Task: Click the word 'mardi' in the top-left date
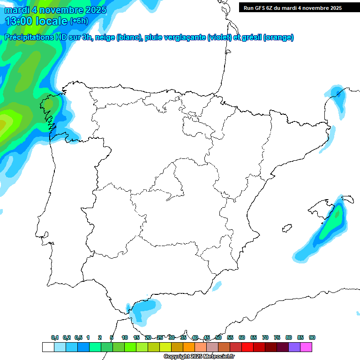(16, 10)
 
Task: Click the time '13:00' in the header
(19, 21)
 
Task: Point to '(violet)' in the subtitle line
(219, 37)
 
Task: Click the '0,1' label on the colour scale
(55, 337)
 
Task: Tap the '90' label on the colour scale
(312, 337)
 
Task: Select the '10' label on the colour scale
(125, 337)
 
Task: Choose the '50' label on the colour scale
(218, 337)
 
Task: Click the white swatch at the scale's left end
(48, 347)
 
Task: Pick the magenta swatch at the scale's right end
(306, 347)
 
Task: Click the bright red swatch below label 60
(247, 347)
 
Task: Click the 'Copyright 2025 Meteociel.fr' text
(200, 357)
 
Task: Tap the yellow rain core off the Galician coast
(5, 123)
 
